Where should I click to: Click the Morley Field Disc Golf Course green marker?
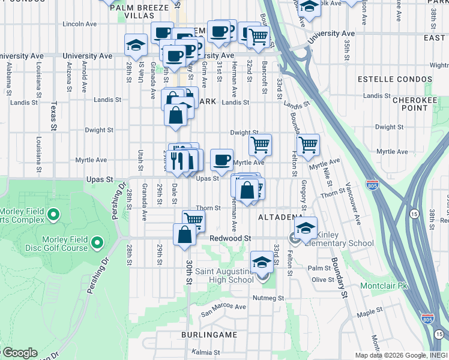click(x=97, y=244)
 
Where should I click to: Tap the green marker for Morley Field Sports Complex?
click(x=53, y=214)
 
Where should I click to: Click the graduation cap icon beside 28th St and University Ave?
click(x=136, y=46)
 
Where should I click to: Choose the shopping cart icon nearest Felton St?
click(x=308, y=145)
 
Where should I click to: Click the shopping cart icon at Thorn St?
click(x=193, y=220)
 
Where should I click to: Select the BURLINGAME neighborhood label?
click(x=210, y=334)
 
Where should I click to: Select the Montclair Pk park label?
click(x=384, y=286)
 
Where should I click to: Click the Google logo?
click(x=19, y=353)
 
